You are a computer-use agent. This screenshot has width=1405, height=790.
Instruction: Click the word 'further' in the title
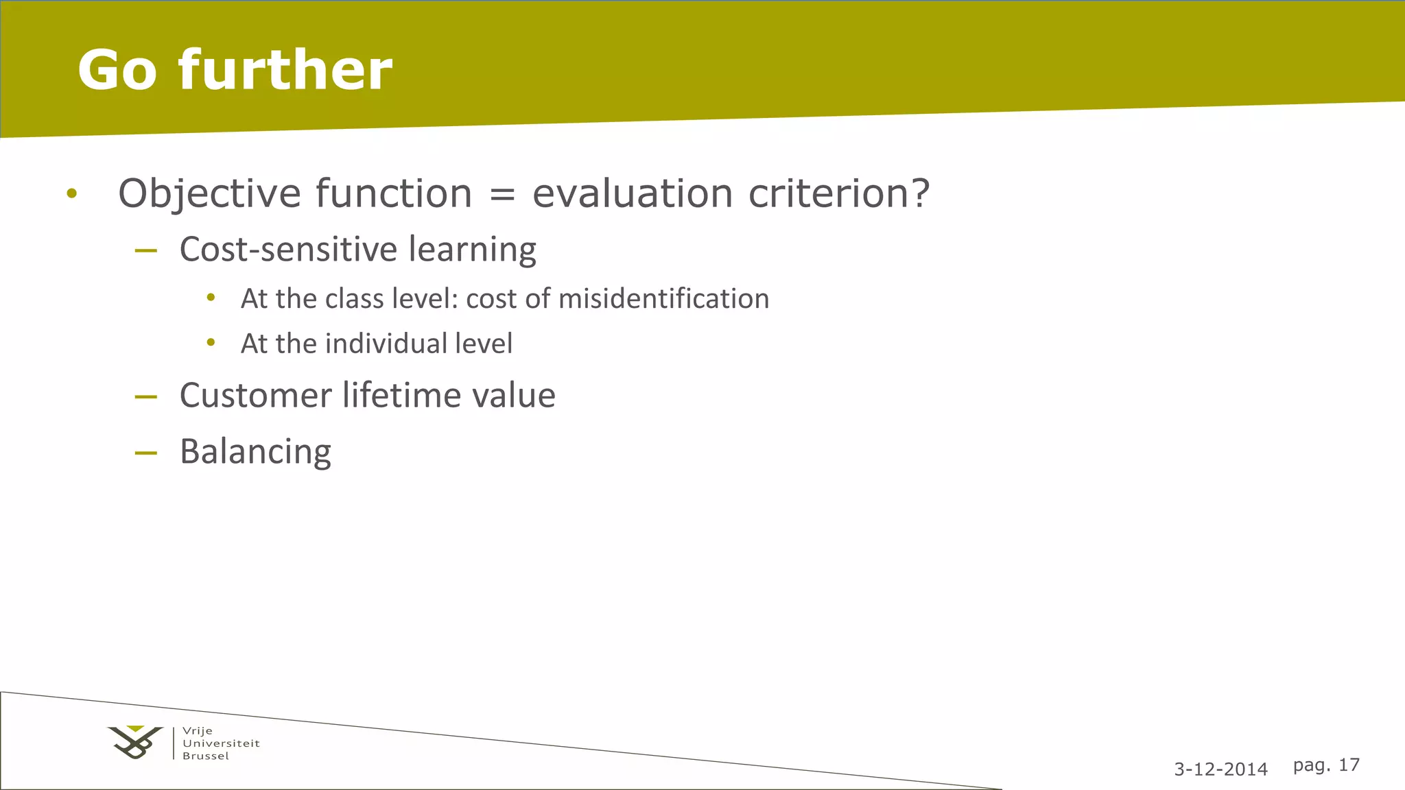tap(285, 70)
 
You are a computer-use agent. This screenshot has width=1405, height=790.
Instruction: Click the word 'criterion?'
tap(839, 193)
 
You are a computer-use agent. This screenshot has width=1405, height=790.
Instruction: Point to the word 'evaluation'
tap(633, 193)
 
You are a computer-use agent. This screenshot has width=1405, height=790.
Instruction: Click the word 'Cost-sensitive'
tap(288, 249)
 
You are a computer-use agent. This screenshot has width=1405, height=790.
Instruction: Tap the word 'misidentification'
tap(663, 299)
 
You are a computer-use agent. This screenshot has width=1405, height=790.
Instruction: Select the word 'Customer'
tap(255, 396)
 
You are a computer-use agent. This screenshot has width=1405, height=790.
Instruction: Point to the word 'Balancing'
tap(255, 453)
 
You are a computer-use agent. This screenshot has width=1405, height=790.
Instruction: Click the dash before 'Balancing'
tap(146, 453)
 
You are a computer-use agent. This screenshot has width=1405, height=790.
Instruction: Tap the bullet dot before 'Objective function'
tap(72, 194)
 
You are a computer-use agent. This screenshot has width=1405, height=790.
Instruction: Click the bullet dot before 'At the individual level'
tap(211, 342)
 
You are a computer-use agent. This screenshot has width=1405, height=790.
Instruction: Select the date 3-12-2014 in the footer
tap(1220, 769)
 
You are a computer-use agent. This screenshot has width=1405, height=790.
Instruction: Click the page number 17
tap(1349, 765)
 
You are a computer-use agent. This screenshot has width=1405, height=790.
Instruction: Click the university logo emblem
tap(136, 743)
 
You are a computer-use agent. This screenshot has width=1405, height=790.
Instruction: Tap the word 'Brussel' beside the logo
tap(206, 756)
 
